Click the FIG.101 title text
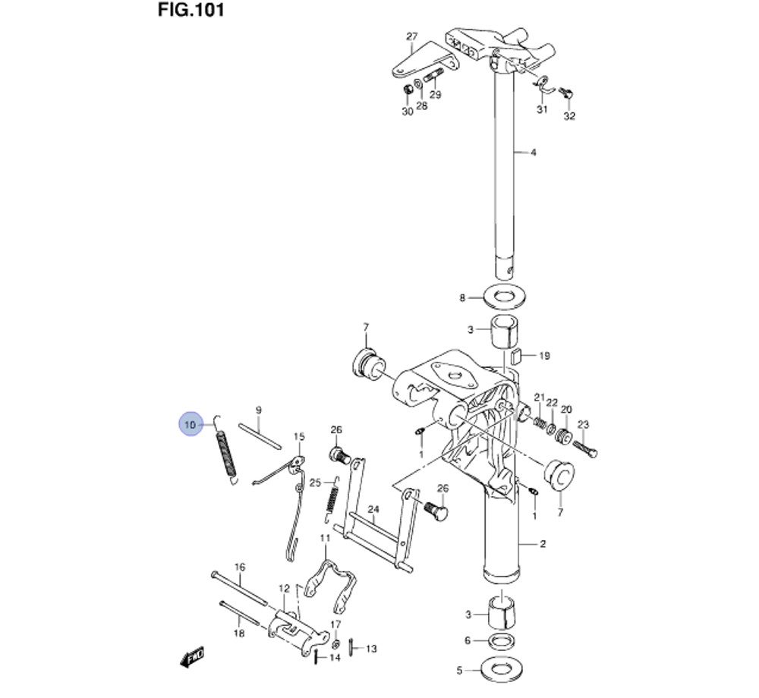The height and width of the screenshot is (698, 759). [x=191, y=11]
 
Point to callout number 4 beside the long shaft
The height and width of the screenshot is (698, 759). [x=533, y=152]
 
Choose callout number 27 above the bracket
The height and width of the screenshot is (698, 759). [x=412, y=36]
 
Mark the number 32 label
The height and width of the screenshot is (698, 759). [x=569, y=116]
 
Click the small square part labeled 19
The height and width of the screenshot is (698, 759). [x=515, y=355]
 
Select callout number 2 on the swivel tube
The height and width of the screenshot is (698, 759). [x=543, y=544]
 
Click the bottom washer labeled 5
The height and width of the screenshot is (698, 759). [x=499, y=670]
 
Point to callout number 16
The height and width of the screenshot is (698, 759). [x=240, y=568]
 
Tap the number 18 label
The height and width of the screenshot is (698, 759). [x=239, y=633]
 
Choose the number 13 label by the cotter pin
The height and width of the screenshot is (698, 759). [x=371, y=649]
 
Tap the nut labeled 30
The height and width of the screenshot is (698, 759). [x=408, y=92]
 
